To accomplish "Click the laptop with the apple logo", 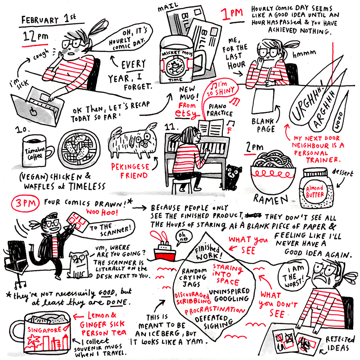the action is pyautogui.click(x=37, y=108).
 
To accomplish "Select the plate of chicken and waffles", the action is pyautogui.click(x=79, y=149).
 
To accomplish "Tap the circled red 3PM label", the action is pyautogui.click(x=25, y=203).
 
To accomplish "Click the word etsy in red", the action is pyautogui.click(x=185, y=114).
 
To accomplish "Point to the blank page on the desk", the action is pyautogui.click(x=264, y=101).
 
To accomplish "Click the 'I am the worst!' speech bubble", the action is pyautogui.click(x=293, y=275).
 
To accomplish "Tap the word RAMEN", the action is pyautogui.click(x=270, y=199).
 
